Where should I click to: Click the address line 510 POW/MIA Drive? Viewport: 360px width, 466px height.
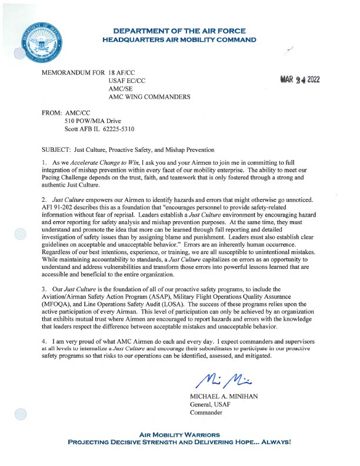click(x=92, y=121)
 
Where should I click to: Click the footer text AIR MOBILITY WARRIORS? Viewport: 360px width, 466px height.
click(x=179, y=435)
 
